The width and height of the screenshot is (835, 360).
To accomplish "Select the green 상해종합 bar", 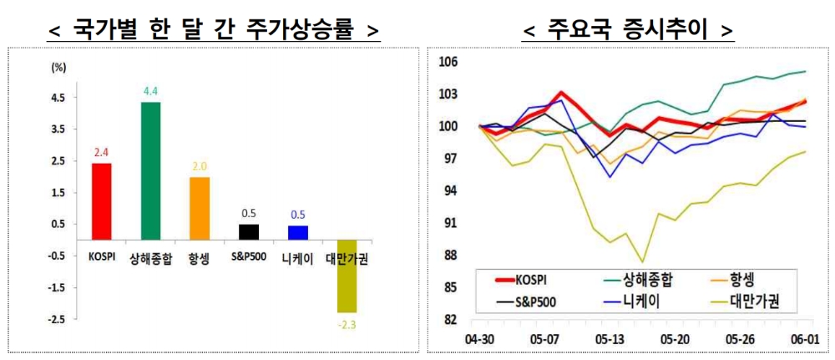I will (151, 171).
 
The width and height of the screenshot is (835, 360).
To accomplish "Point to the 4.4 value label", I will (151, 91).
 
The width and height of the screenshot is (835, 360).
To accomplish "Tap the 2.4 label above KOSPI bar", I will (101, 152).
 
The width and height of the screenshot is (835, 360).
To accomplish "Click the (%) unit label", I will (58, 66).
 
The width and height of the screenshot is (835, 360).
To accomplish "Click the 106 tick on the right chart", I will (449, 62).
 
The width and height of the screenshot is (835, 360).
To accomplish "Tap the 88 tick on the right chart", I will (452, 256).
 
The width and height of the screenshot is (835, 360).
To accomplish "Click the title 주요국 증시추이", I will (628, 32).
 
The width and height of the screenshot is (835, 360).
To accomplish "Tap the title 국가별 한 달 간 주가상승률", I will (214, 32).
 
